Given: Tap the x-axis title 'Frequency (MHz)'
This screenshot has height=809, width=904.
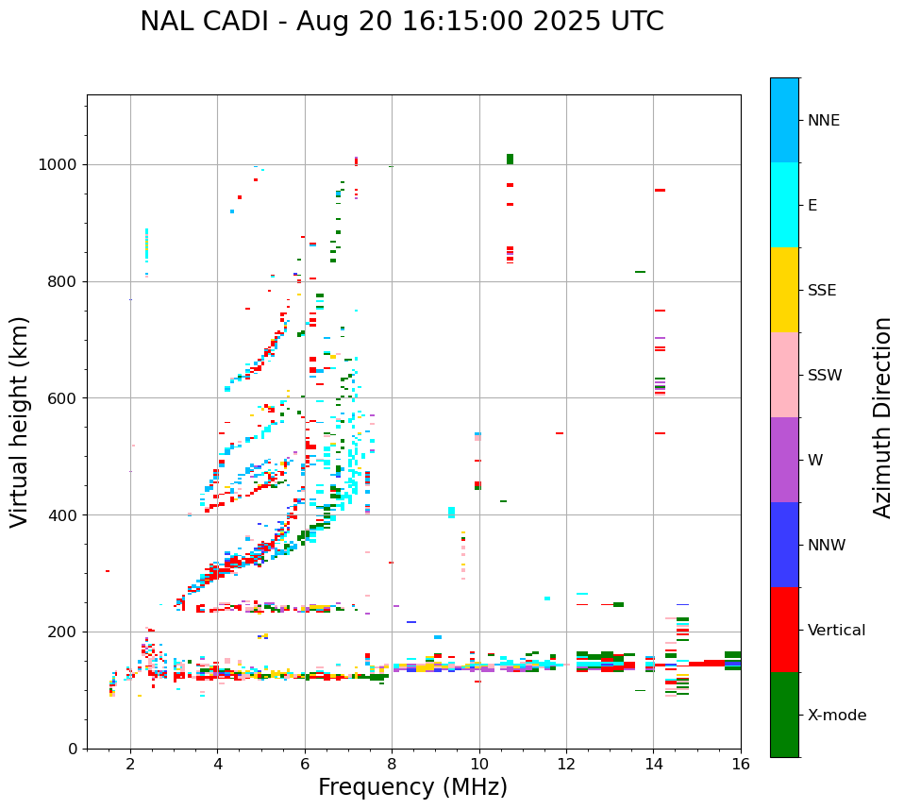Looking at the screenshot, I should point(412,787).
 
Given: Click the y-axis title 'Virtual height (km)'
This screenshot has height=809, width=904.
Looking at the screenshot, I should point(20,422).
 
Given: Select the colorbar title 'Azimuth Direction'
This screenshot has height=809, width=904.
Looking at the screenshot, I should point(882,417).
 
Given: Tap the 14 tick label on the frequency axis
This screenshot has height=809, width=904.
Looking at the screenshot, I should point(653,764).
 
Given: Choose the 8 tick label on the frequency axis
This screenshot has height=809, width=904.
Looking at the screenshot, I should point(392,764).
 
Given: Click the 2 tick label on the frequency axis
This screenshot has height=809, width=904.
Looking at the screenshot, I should point(130,764).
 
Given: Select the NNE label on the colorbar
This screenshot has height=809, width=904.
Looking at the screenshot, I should point(823,121).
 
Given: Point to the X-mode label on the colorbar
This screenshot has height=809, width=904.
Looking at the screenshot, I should point(837,716).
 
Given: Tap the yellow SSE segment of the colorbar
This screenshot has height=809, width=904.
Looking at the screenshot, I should point(784,290).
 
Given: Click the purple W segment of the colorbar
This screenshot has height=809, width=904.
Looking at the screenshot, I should point(784,460).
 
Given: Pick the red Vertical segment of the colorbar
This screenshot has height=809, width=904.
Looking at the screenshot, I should point(784,630).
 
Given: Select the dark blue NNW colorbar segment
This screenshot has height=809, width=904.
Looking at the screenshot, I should point(784,545).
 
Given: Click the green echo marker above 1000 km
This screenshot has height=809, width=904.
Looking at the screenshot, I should point(510,159).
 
